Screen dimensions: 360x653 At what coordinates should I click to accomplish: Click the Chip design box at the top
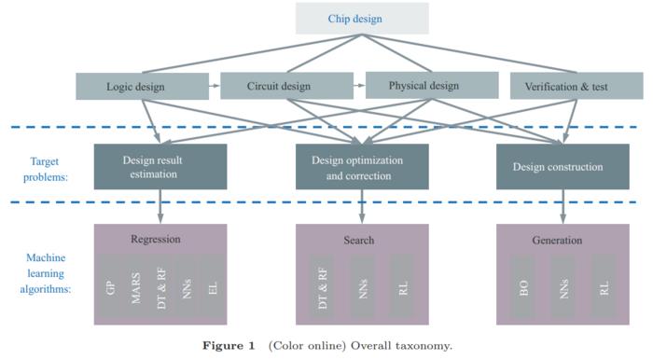point(362,19)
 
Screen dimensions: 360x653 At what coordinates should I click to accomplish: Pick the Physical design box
point(424,86)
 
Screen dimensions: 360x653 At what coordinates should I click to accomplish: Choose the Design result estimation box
point(160,166)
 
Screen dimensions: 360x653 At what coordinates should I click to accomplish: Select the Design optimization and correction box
point(362,166)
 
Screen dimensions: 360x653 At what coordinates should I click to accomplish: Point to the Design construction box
point(557,167)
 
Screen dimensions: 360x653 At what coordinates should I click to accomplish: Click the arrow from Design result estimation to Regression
point(160,206)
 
